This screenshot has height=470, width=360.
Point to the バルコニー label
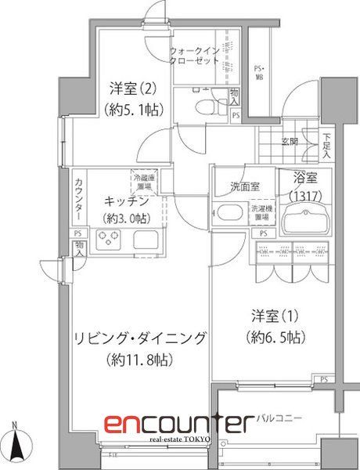278,420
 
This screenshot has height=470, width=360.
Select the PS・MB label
261,71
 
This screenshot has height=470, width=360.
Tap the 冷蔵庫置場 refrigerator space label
143,183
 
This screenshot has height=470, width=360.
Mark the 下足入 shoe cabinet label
327,145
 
